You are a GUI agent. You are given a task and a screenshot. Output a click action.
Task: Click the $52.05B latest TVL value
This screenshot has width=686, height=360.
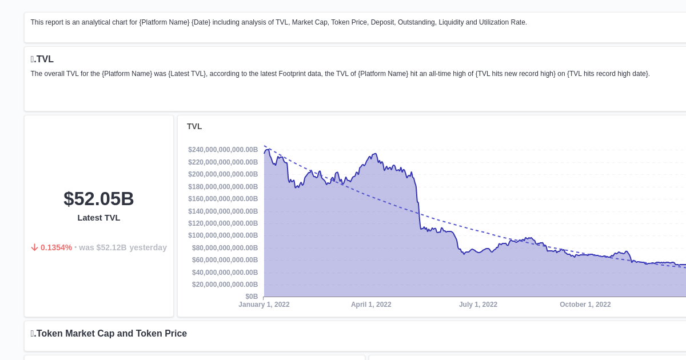(x=98, y=199)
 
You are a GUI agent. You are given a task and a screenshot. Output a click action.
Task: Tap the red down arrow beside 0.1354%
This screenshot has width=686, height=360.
(x=34, y=247)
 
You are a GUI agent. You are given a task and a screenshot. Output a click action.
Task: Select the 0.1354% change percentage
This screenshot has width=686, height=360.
(x=56, y=247)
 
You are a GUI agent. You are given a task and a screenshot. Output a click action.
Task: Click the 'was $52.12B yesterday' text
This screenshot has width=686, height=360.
(x=123, y=247)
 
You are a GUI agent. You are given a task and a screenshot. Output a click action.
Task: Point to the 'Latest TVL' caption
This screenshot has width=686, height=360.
(x=98, y=218)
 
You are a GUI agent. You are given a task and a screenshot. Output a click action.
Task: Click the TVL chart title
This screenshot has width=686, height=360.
(x=194, y=126)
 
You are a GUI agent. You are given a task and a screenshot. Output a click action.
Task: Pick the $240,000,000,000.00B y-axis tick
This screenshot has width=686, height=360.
(x=223, y=150)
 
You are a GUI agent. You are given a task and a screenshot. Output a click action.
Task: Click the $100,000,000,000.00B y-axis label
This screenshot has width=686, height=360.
(x=223, y=235)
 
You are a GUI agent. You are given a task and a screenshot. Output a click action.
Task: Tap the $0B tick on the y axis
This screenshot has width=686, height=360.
(x=252, y=297)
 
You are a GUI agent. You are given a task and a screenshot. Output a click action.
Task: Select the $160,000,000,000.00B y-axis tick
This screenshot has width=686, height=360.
(x=223, y=199)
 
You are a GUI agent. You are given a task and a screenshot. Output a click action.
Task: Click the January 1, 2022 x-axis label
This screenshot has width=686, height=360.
(x=264, y=305)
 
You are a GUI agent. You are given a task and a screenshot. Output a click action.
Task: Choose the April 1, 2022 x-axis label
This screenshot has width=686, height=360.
(x=371, y=305)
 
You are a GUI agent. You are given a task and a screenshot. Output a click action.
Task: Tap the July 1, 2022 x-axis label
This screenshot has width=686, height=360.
(x=478, y=305)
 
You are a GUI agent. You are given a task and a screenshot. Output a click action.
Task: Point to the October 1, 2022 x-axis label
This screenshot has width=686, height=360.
(x=585, y=305)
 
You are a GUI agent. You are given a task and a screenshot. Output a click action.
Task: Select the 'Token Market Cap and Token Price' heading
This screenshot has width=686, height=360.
(x=109, y=334)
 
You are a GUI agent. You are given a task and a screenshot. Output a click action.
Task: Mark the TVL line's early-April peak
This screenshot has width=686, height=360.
(x=375, y=154)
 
